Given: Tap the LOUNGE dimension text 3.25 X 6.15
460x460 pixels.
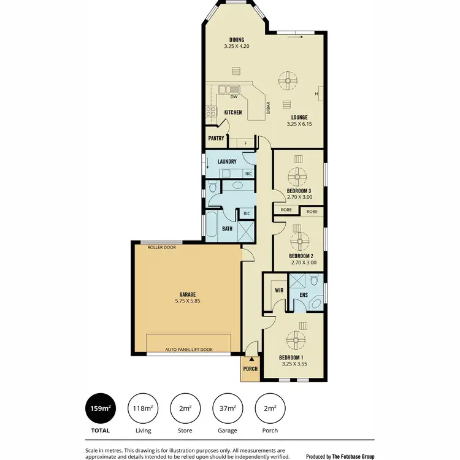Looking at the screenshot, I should point(300,124).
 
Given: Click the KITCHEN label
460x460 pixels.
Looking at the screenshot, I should point(233,112).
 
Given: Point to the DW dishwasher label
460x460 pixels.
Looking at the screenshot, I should point(234,97).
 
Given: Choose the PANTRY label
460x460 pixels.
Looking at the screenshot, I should point(216,139).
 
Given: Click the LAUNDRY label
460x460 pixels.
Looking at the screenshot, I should point(227,162).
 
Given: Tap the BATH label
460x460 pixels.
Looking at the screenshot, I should point(226,229).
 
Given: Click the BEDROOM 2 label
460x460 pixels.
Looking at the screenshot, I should point(301,256).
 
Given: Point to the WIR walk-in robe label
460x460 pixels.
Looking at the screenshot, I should point(278,290).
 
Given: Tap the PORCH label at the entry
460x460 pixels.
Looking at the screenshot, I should point(250,369).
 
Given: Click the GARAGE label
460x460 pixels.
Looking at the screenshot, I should point(187,294).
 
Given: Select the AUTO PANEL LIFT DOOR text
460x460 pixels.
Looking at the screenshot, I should point(189,350).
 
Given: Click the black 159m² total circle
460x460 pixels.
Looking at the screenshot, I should point(101,407).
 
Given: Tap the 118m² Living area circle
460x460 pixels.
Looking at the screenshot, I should point(143,407).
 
